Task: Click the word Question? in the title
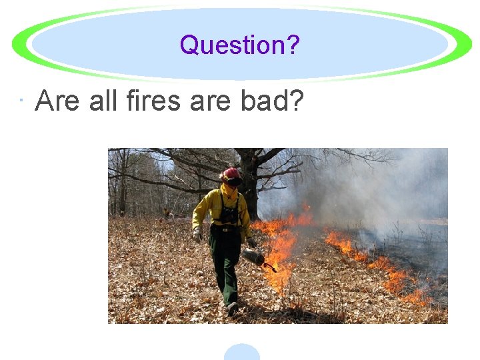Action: (x=239, y=45)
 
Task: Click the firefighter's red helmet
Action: (x=231, y=173)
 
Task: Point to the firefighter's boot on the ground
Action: (x=231, y=309)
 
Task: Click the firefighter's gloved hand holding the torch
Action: (x=251, y=242)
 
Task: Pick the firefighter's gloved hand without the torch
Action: (x=197, y=234)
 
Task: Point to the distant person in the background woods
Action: (x=166, y=213)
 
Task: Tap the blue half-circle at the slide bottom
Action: (x=241, y=353)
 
